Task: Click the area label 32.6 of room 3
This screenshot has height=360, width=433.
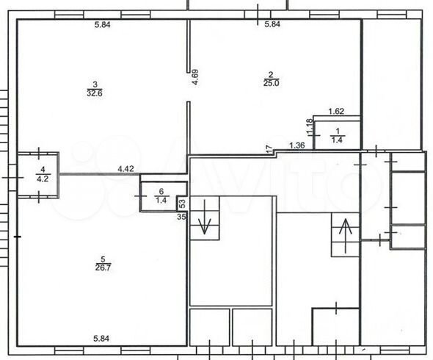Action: (94, 93)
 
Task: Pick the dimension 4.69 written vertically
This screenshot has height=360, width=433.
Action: (196, 77)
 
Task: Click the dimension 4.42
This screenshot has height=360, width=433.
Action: (125, 169)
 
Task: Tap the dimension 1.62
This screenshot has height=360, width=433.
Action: (336, 112)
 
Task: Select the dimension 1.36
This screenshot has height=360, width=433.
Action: (297, 145)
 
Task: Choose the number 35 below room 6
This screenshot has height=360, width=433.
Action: (181, 217)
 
